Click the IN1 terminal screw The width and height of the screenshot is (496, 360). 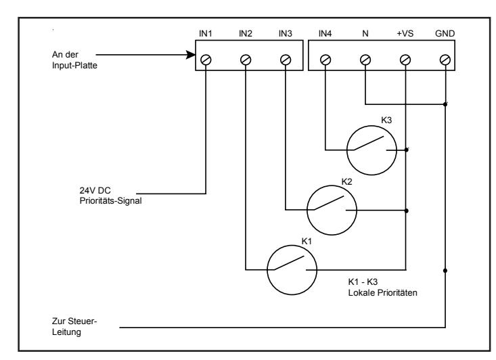tap(206, 60)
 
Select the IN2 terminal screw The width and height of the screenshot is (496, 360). tap(246, 60)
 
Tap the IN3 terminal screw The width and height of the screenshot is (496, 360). tap(286, 60)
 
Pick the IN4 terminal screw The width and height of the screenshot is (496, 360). tap(325, 60)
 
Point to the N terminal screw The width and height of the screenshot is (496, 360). tap(365, 60)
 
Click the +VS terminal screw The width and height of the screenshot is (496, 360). tap(405, 60)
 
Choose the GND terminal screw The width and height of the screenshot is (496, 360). tap(445, 60)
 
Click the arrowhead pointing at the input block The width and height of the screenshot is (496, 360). tap(191, 55)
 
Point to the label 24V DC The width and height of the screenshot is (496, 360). tap(95, 190)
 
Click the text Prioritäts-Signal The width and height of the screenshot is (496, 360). tap(110, 201)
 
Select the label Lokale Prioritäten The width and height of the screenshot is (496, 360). tap(382, 293)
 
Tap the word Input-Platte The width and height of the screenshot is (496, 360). tap(74, 66)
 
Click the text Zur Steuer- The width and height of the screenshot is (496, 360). tap(74, 321)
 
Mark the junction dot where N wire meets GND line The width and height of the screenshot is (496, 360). tap(445, 104)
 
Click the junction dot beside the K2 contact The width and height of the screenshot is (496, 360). tap(407, 210)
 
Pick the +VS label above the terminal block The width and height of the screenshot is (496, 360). tap(405, 34)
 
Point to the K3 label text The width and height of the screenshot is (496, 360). tap(386, 120)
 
